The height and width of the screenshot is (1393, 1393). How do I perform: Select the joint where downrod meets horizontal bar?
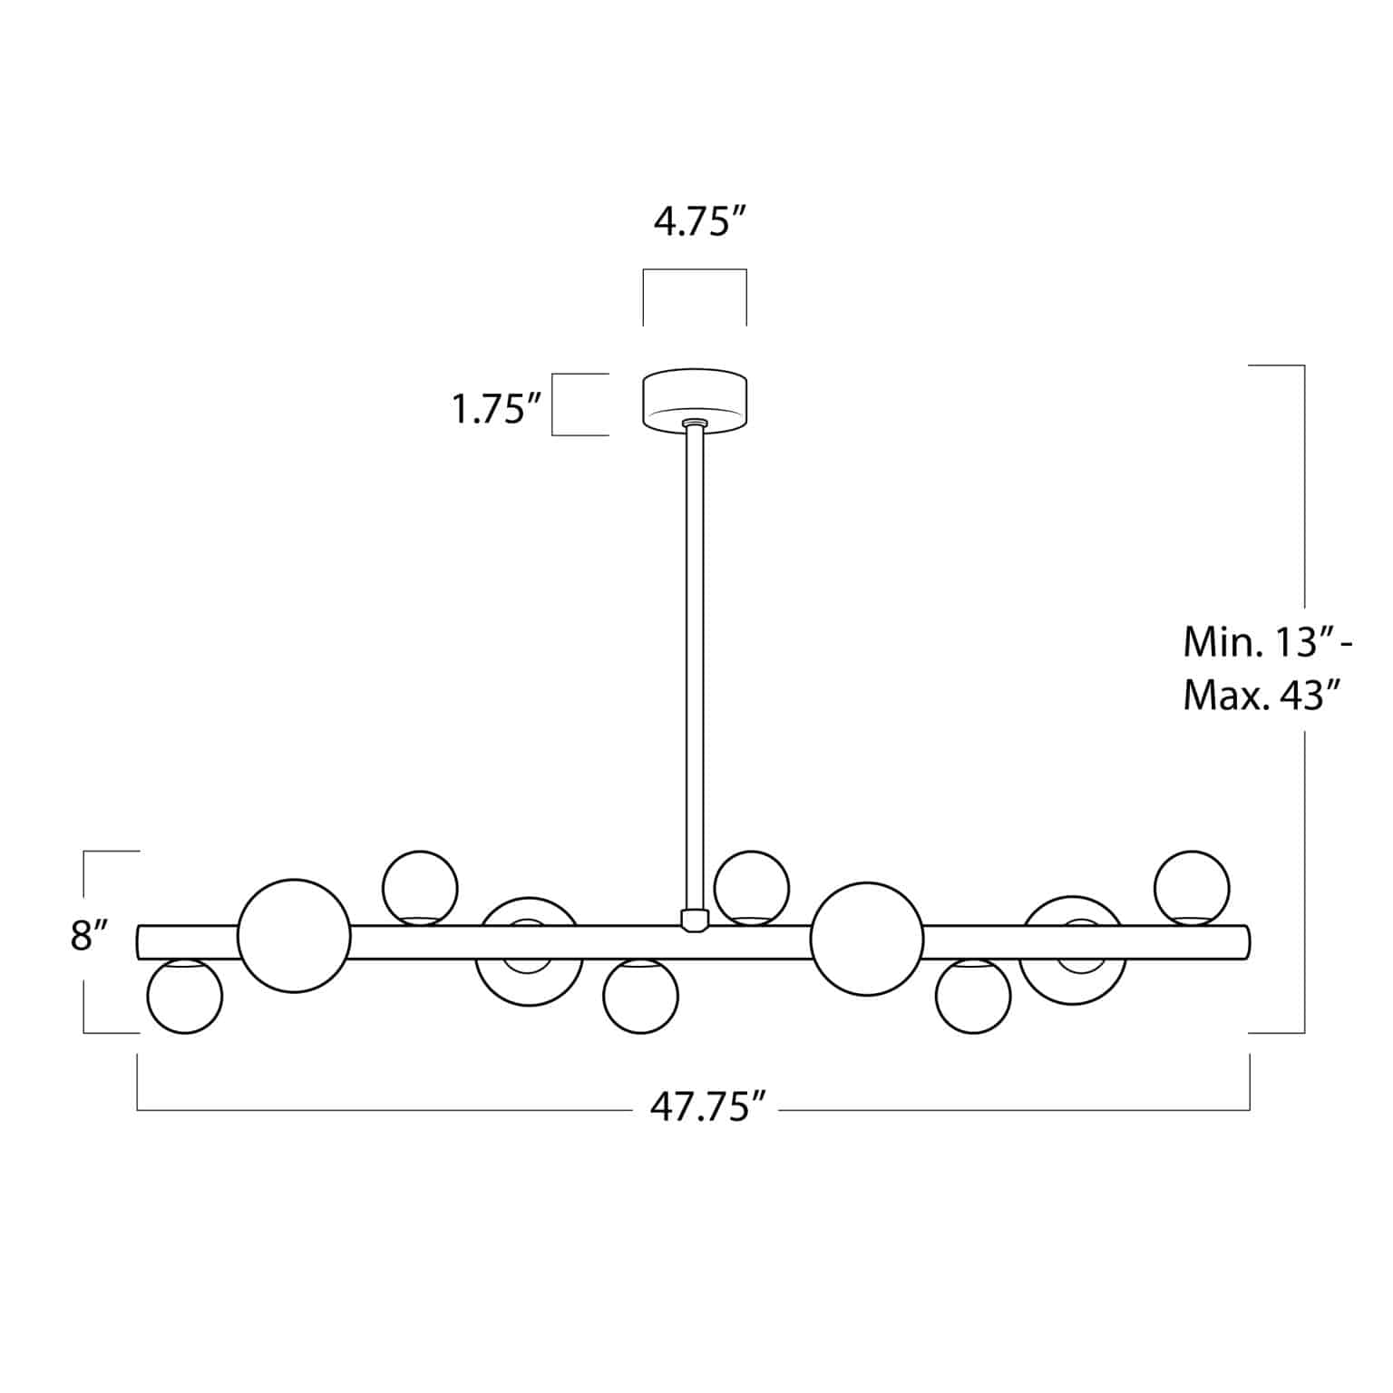click(695, 920)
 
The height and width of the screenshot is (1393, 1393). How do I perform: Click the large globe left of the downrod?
click(294, 936)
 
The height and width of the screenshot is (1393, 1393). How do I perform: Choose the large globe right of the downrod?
click(867, 938)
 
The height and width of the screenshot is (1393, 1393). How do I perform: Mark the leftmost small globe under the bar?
click(185, 996)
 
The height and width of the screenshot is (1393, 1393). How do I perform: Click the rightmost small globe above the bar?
click(1192, 887)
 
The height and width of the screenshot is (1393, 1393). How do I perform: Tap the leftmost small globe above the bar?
click(420, 887)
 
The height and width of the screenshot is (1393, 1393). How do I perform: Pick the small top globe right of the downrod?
click(752, 887)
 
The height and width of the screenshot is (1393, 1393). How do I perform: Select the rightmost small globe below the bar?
click(973, 996)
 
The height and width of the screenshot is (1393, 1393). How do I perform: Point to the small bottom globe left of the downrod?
click(641, 996)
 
